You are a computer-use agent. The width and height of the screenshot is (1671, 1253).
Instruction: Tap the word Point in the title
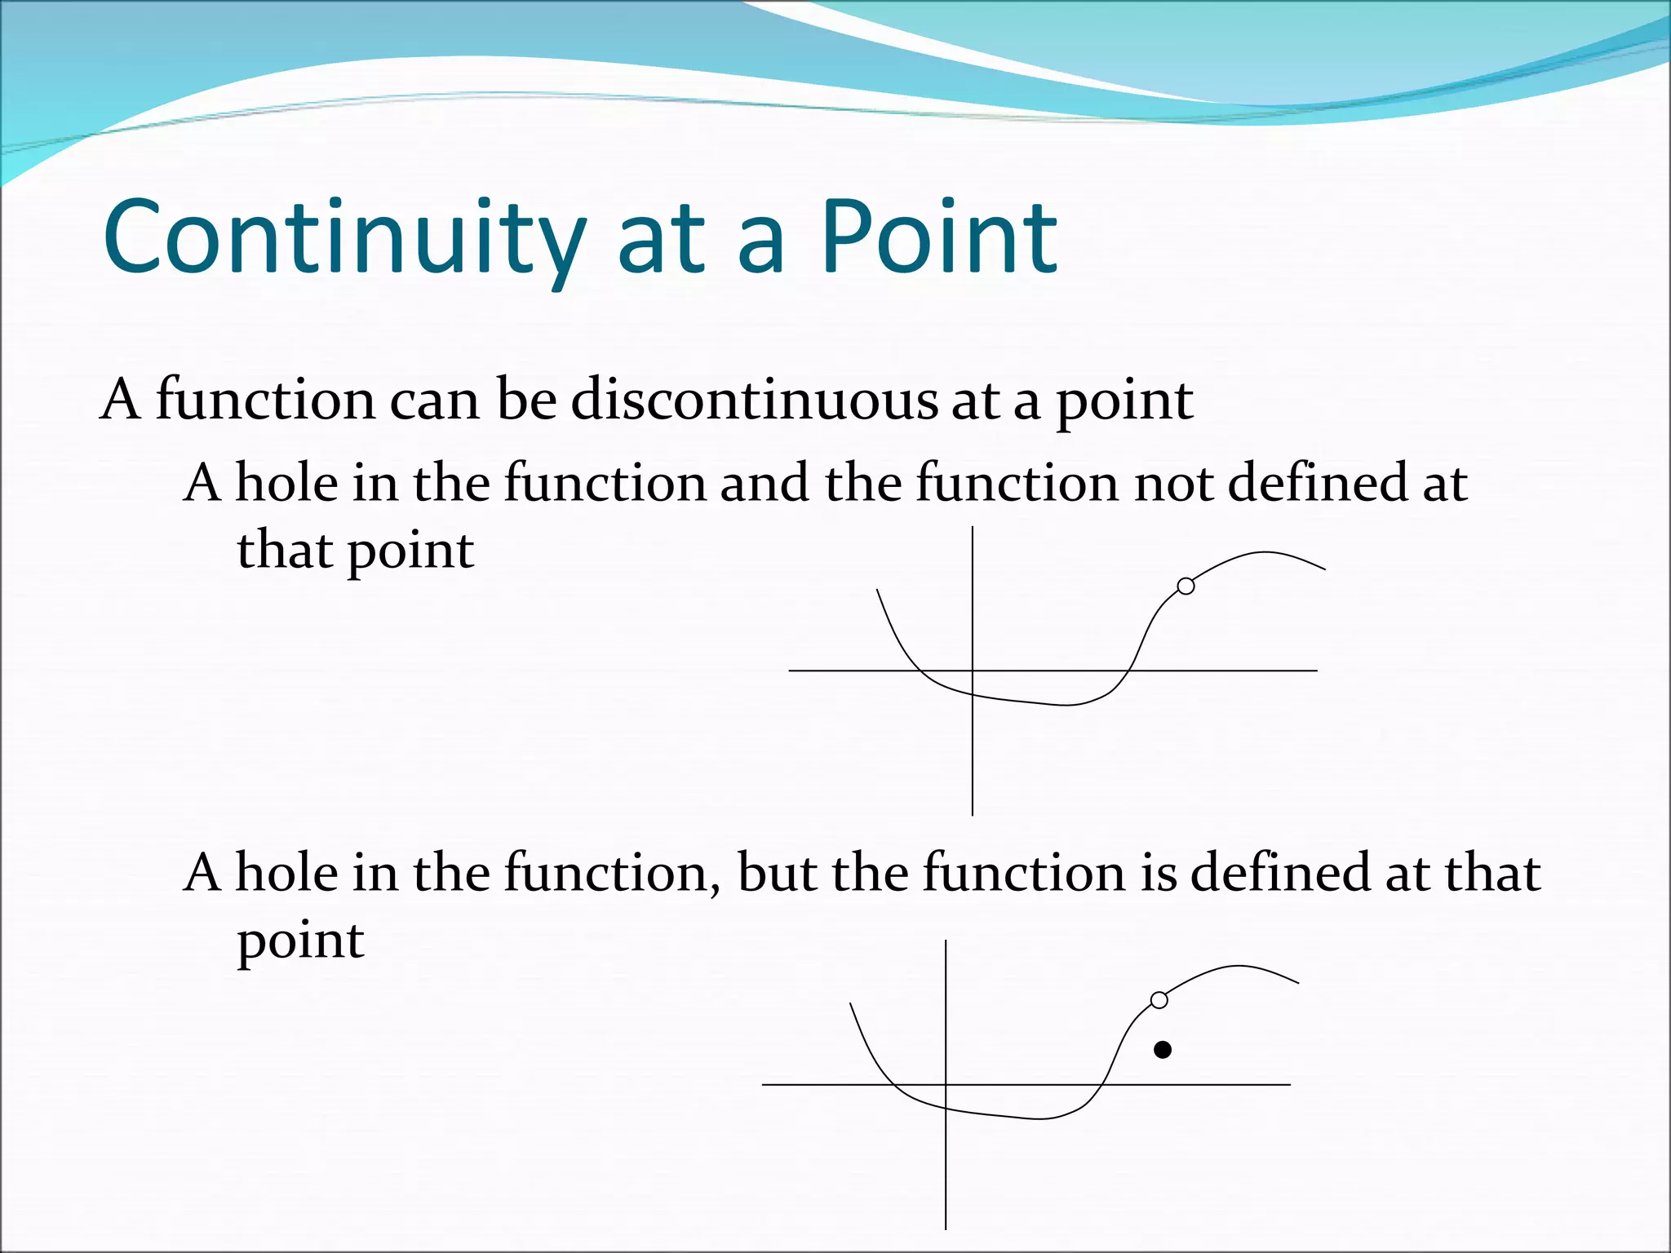tap(938, 238)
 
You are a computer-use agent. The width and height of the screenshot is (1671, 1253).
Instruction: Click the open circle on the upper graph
tap(1186, 586)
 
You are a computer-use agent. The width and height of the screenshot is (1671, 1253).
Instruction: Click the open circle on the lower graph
tap(1159, 1000)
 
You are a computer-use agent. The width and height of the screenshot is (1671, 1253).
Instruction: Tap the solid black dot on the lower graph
tap(1163, 1050)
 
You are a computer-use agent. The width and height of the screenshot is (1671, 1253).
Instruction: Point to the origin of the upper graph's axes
tap(973, 671)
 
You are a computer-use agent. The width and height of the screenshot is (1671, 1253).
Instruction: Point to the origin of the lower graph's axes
tap(946, 1085)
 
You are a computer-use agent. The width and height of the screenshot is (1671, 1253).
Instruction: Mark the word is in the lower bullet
tap(1159, 873)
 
